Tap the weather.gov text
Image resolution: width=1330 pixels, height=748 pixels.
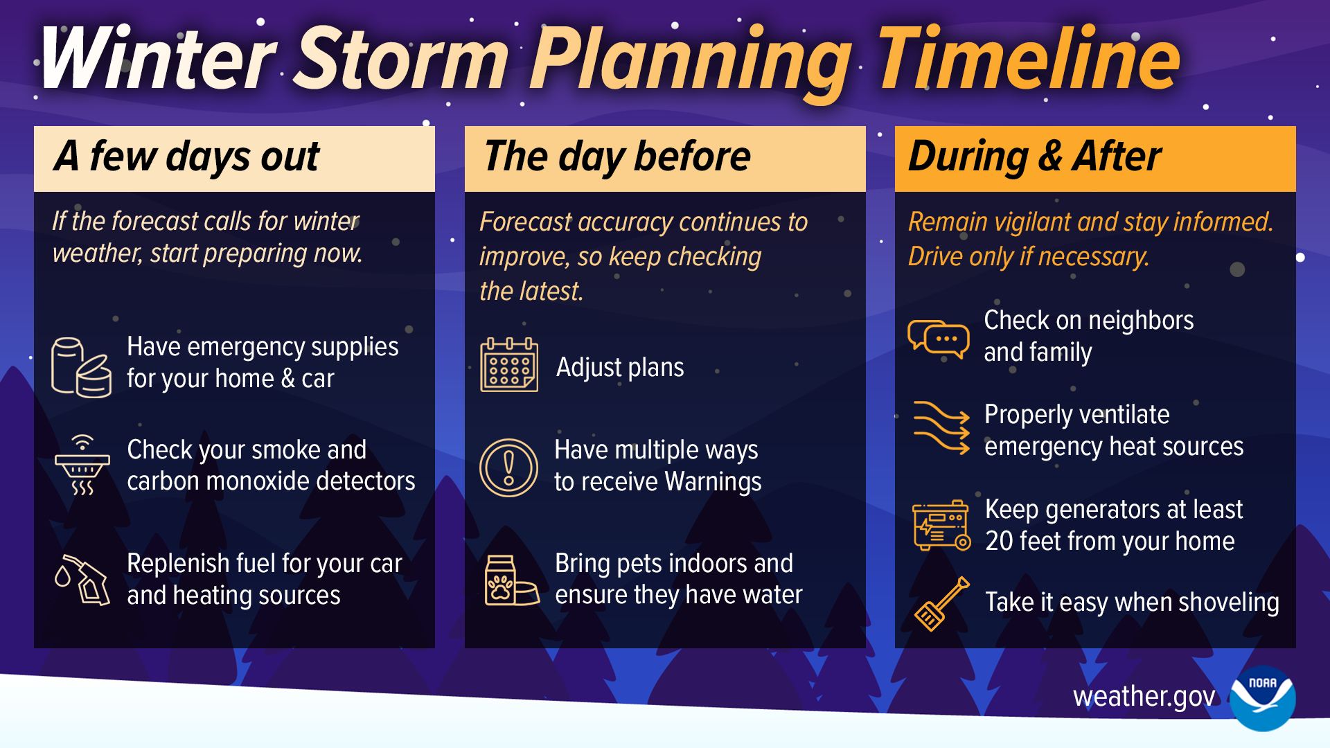click(1144, 696)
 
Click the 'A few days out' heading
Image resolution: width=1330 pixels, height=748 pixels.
click(187, 157)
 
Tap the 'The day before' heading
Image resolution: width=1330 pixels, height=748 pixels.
click(617, 157)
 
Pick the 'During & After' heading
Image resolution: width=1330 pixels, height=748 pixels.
click(1034, 157)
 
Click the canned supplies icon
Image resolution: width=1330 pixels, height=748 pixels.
click(81, 367)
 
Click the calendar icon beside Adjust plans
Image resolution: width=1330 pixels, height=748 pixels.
click(509, 365)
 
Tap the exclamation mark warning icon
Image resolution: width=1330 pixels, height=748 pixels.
click(508, 467)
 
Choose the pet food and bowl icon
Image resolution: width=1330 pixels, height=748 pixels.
click(511, 580)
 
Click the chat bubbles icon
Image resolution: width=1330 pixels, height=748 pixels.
click(939, 339)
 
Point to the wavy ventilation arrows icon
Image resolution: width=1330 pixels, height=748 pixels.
click(941, 427)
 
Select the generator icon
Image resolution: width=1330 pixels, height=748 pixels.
click(941, 526)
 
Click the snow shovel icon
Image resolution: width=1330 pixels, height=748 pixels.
click(941, 603)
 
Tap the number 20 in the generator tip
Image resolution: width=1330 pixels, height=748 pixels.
click(999, 542)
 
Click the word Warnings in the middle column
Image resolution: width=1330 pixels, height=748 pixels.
click(713, 482)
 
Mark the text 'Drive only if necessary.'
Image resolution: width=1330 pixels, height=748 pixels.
click(1029, 257)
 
